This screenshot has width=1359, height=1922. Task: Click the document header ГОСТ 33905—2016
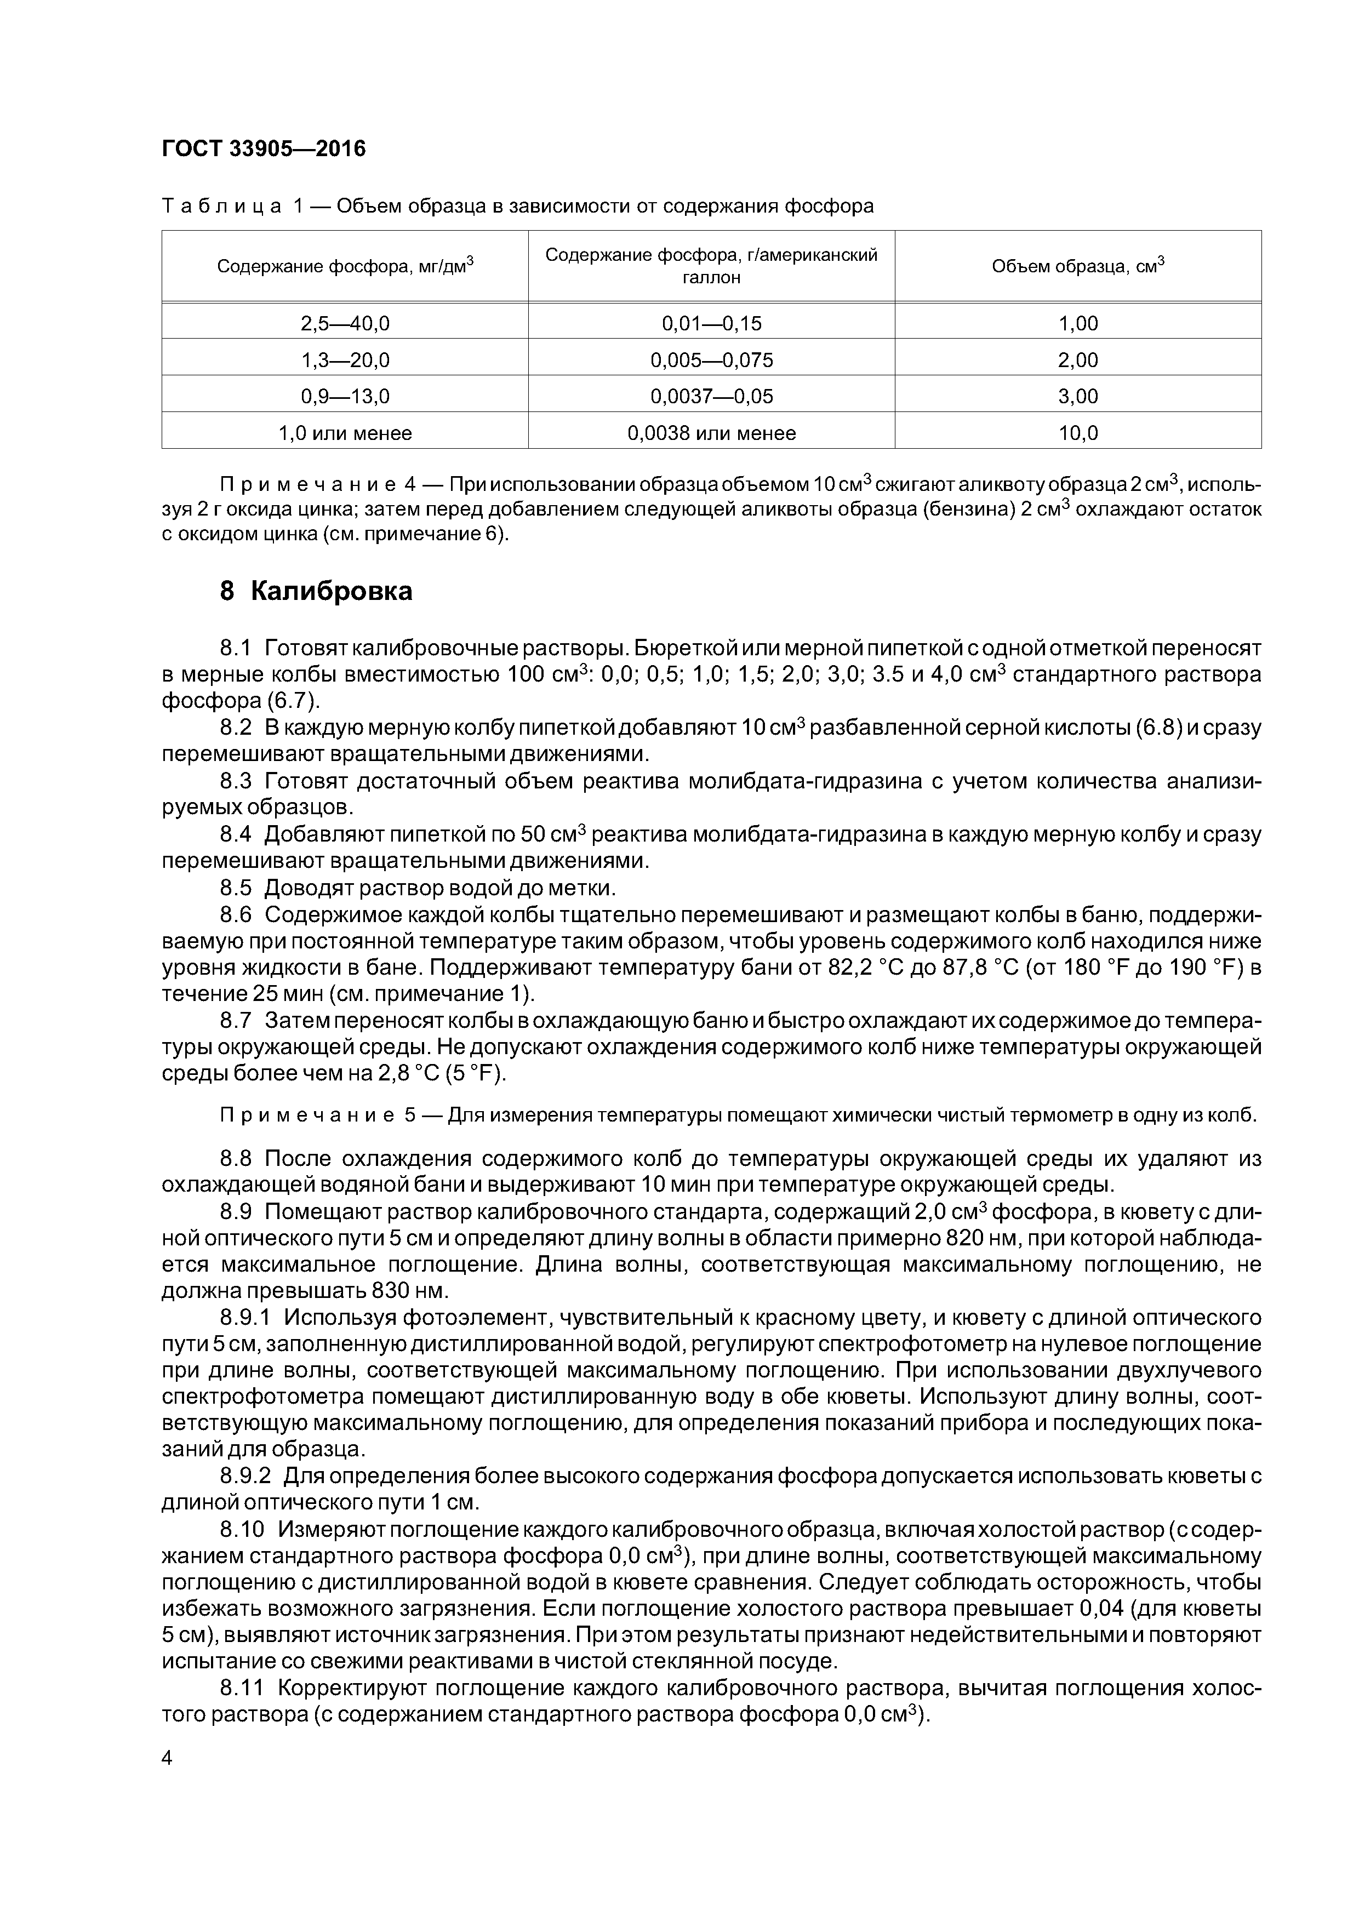(x=263, y=149)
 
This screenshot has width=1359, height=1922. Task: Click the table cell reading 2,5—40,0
(x=345, y=323)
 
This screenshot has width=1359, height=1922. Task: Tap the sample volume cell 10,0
(x=1078, y=433)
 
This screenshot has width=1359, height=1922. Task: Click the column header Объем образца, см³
(x=1078, y=266)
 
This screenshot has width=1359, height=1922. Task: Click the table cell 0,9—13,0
(x=345, y=396)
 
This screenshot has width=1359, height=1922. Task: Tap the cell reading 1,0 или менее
(x=345, y=433)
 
